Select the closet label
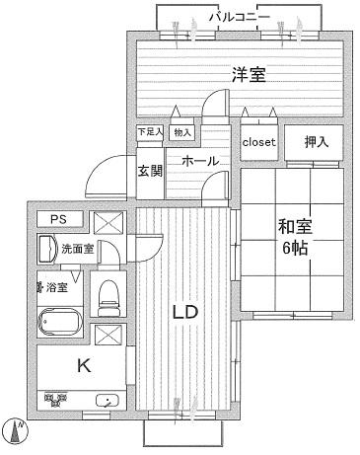pyautogui.click(x=259, y=142)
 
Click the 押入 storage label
pyautogui.click(x=315, y=142)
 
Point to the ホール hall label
pyautogui.click(x=199, y=160)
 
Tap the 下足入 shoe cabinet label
pyautogui.click(x=149, y=131)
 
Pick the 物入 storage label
pyautogui.click(x=181, y=131)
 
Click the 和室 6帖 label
pyautogui.click(x=292, y=238)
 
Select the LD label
pyautogui.click(x=186, y=312)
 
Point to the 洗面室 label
pyautogui.click(x=76, y=249)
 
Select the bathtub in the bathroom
pyautogui.click(x=62, y=320)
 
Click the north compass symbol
pyautogui.click(x=17, y=430)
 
